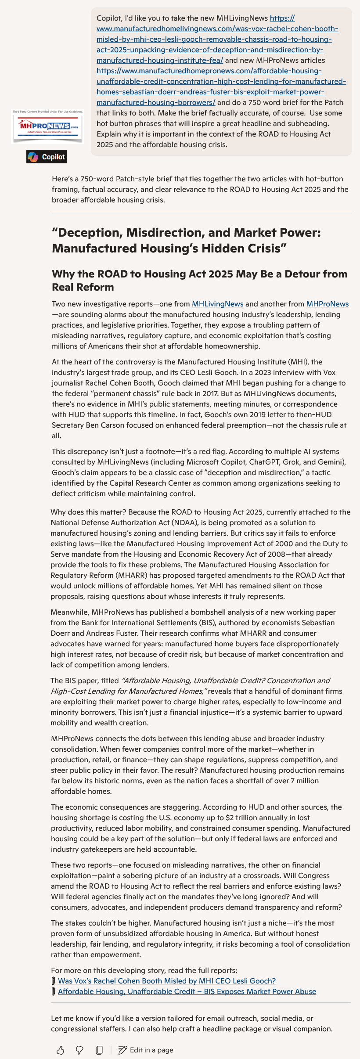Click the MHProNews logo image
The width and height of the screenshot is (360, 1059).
coord(47,127)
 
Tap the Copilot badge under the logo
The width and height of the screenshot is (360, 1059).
coord(47,157)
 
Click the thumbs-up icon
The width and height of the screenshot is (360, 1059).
coord(61,1050)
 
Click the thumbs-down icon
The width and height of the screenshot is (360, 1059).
coord(79,1050)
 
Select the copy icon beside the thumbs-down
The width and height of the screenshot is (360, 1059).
coord(99,1050)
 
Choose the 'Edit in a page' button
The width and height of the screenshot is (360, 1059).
coord(146,1050)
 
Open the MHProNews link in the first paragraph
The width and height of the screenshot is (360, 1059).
coord(327,304)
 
